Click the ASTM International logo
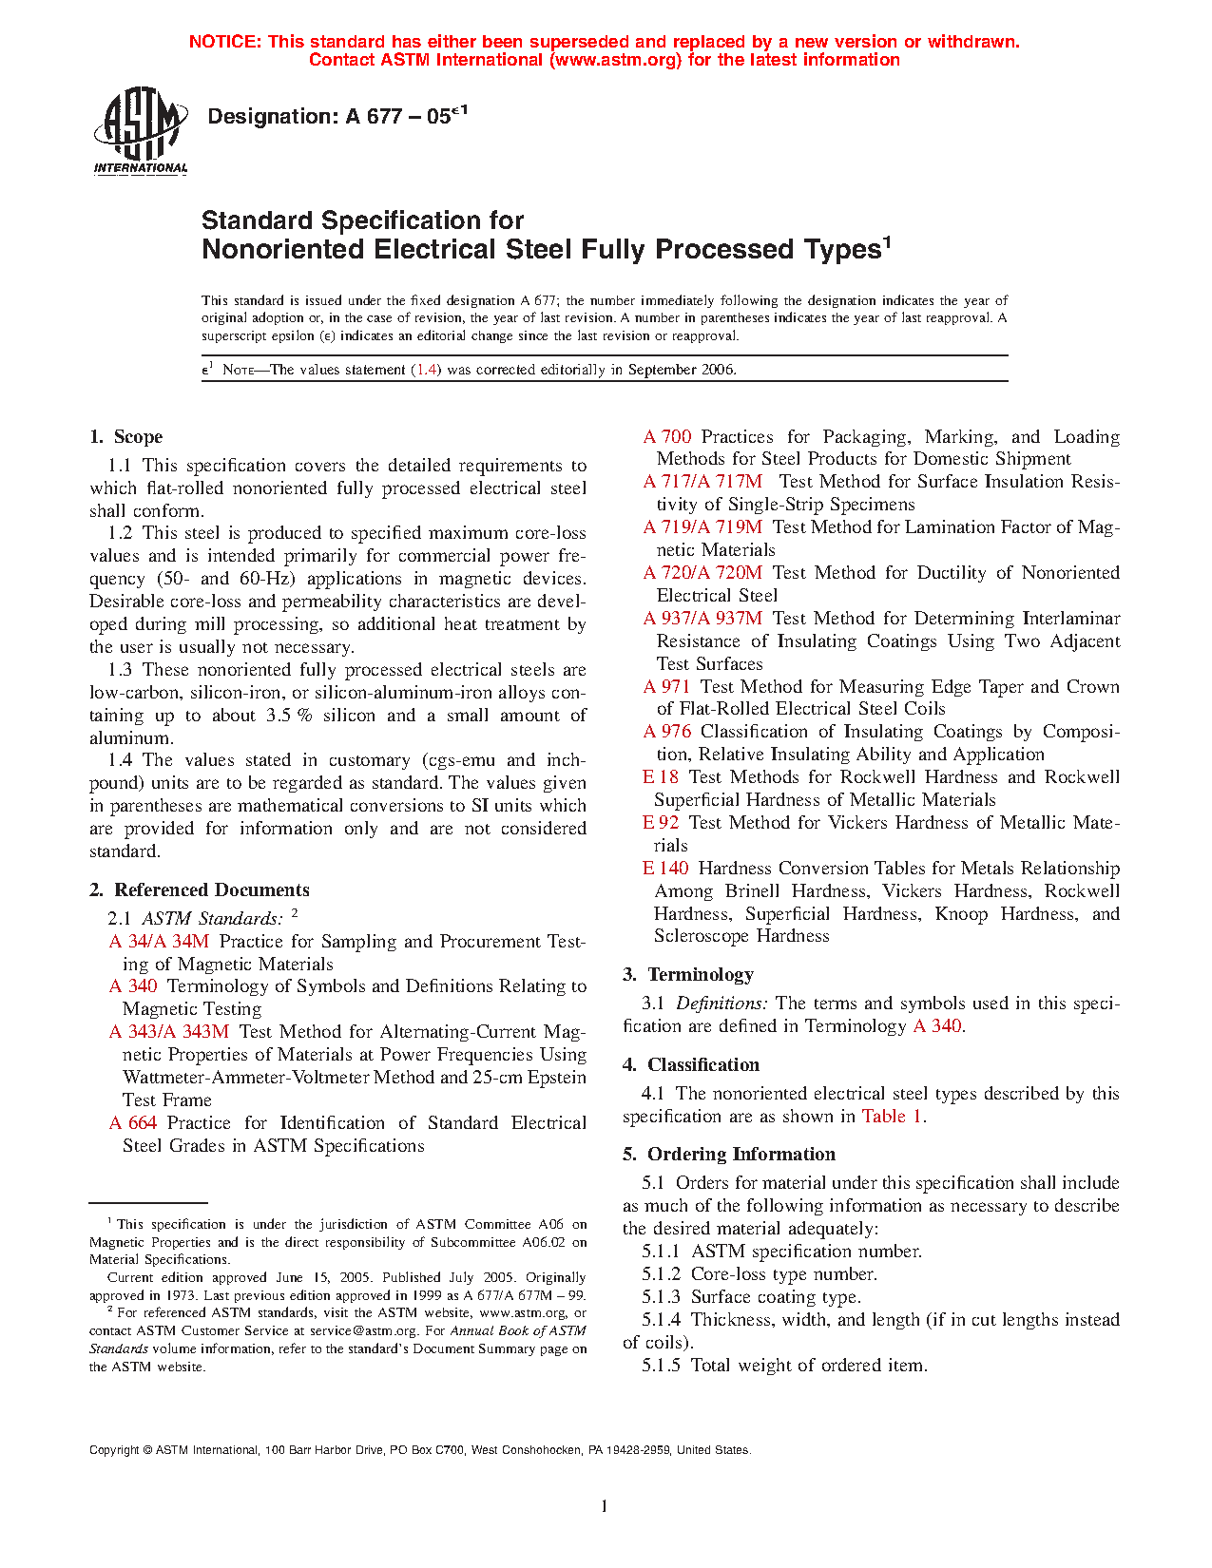tap(141, 131)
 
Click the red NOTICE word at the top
tap(224, 42)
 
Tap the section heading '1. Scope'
tap(126, 437)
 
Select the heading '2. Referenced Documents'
tap(200, 890)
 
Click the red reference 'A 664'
tap(133, 1123)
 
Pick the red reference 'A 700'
tap(667, 437)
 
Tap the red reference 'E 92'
tap(661, 823)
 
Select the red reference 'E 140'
tap(665, 869)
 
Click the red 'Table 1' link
tap(892, 1117)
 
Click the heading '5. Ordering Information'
tap(729, 1155)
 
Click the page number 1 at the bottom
tap(605, 1505)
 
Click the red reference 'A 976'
tap(667, 732)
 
